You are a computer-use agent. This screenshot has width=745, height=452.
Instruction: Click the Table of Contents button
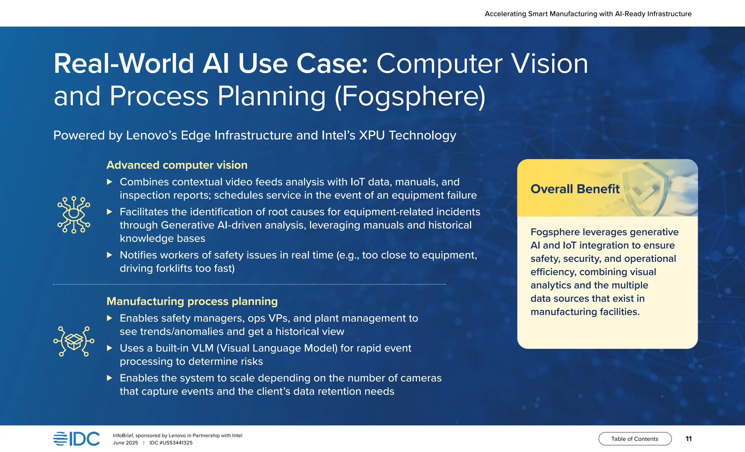(635, 439)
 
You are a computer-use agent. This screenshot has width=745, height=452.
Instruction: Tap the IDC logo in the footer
(76, 439)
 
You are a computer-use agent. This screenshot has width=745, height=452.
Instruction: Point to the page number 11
(688, 439)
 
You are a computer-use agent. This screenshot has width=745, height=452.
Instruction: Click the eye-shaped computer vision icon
(74, 215)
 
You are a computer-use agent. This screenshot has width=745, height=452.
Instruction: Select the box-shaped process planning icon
(74, 341)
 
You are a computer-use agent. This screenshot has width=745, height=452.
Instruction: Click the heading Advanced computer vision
(177, 165)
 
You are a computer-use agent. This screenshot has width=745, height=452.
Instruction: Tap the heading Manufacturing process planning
(192, 301)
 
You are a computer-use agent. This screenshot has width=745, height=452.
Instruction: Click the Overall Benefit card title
(575, 189)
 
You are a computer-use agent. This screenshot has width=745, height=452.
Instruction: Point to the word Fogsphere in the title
(410, 96)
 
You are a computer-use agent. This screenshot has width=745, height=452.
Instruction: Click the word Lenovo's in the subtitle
(151, 135)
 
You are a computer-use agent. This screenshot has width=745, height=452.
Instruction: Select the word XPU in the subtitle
(372, 135)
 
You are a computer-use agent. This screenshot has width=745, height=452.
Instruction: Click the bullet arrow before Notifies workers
(109, 255)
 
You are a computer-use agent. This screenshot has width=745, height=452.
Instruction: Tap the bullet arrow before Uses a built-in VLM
(109, 348)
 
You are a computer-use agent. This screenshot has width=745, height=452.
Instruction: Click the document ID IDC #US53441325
(171, 443)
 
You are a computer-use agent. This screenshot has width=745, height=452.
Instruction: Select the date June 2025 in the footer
(126, 443)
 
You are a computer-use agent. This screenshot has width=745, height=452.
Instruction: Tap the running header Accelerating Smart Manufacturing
(588, 14)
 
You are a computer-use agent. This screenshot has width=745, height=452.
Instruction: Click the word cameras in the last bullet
(421, 378)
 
